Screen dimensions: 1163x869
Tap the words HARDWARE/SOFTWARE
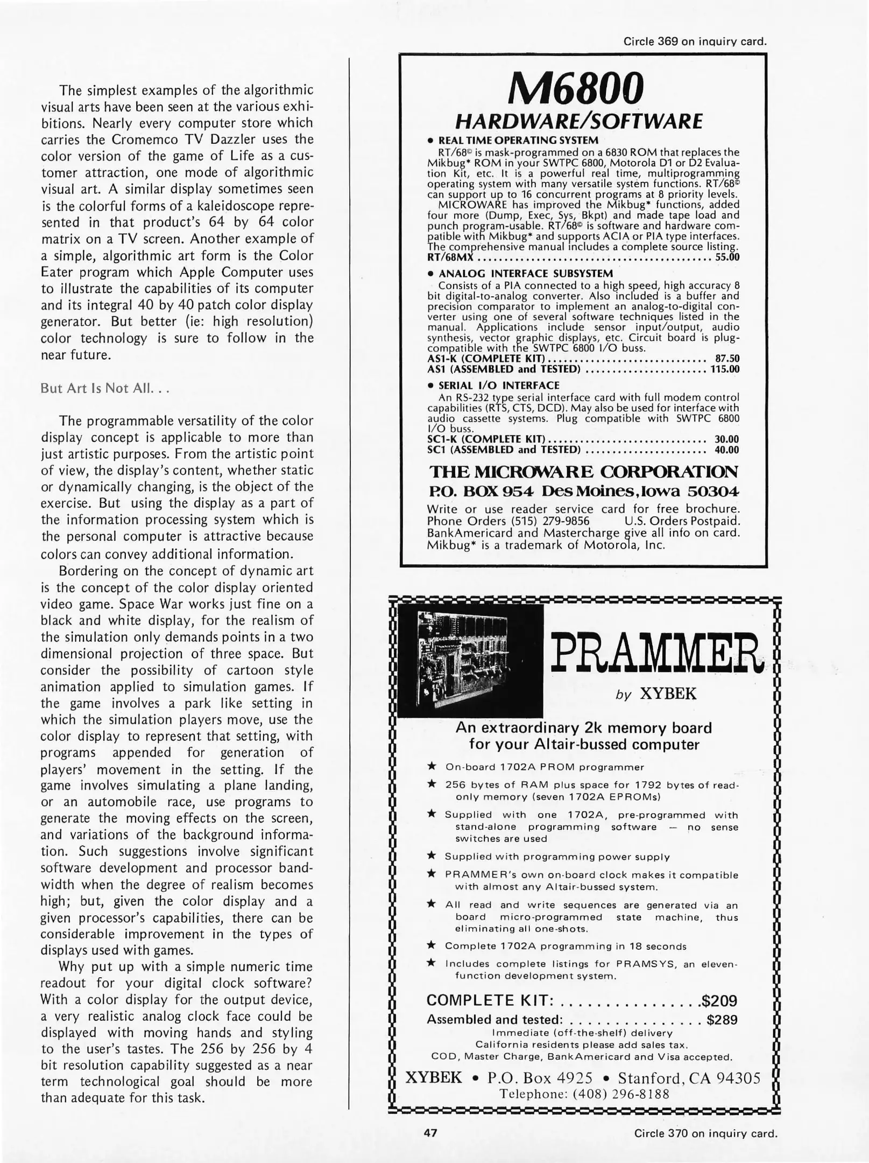(579, 122)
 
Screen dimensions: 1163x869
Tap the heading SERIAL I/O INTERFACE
(499, 386)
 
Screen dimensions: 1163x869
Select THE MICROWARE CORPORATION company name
(583, 472)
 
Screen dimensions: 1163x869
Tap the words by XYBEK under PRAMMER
(655, 695)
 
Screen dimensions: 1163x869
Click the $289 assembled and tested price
(722, 1020)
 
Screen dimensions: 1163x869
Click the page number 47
(430, 1133)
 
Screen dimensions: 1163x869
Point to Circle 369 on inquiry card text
(695, 41)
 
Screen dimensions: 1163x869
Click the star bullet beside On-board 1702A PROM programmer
(432, 766)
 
